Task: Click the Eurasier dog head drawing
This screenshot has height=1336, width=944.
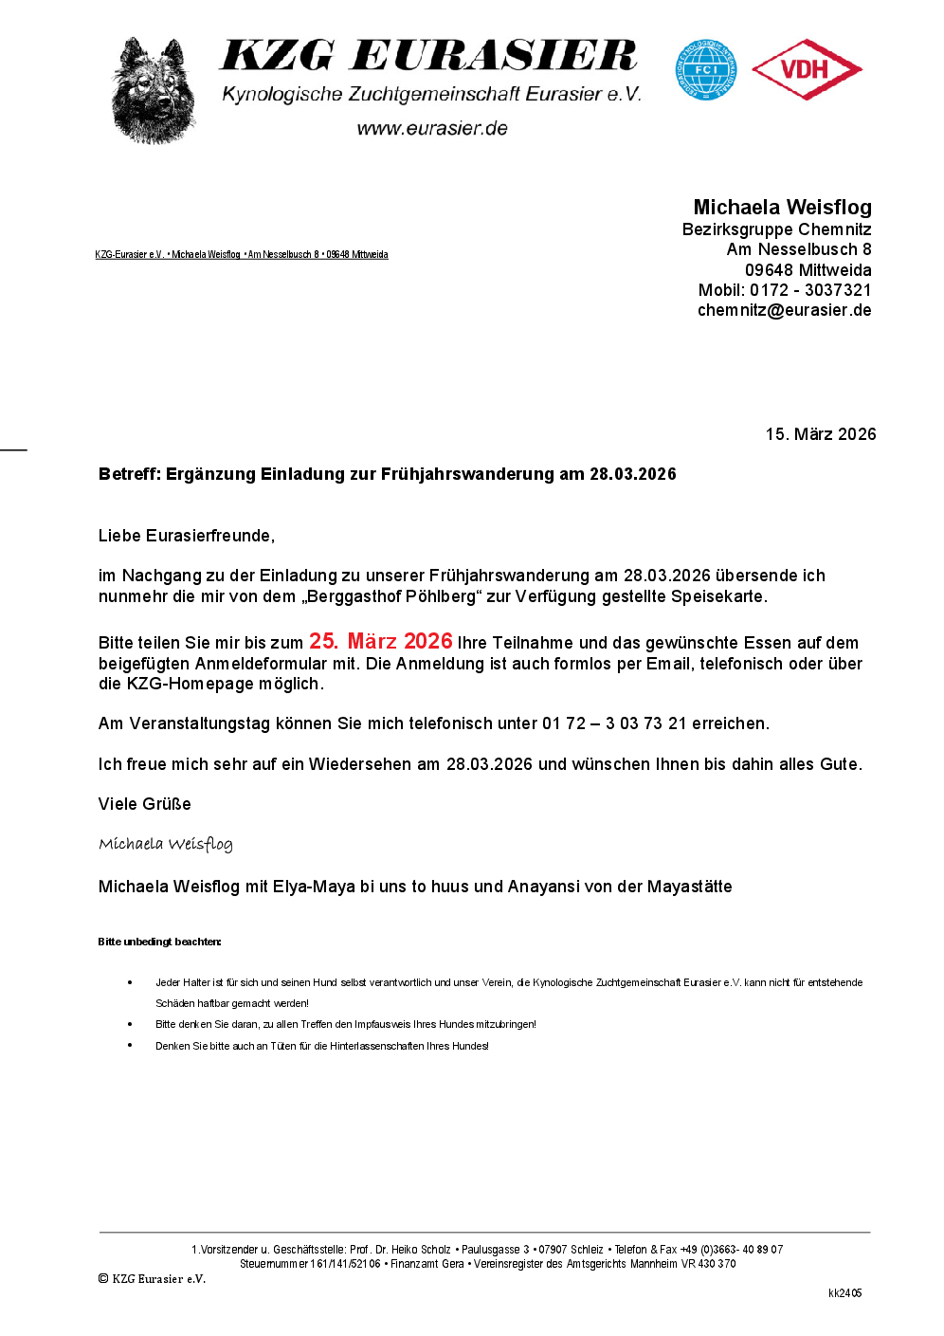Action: [154, 92]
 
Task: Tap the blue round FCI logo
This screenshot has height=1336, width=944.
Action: [705, 69]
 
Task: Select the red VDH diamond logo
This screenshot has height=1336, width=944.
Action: [807, 69]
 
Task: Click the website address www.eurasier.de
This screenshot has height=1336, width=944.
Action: [432, 129]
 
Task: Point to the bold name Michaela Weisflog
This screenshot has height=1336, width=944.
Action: [782, 208]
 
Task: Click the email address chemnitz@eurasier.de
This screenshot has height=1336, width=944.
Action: [784, 310]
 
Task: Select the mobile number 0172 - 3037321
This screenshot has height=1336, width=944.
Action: [810, 290]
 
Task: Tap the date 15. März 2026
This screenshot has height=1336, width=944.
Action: [821, 434]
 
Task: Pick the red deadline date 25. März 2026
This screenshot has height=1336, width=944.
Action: [381, 642]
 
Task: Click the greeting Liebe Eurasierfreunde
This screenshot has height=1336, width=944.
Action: [186, 536]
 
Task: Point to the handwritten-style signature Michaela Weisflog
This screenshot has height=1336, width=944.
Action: [166, 844]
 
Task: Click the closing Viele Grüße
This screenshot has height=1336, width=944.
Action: [145, 804]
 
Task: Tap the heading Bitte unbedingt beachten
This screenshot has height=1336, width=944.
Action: [159, 942]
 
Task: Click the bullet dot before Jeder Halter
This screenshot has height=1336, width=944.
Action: [130, 982]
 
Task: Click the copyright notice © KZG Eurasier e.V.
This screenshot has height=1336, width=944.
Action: [152, 1279]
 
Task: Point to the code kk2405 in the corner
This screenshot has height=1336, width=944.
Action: [844, 1293]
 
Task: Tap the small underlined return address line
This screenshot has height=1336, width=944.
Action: [242, 254]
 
